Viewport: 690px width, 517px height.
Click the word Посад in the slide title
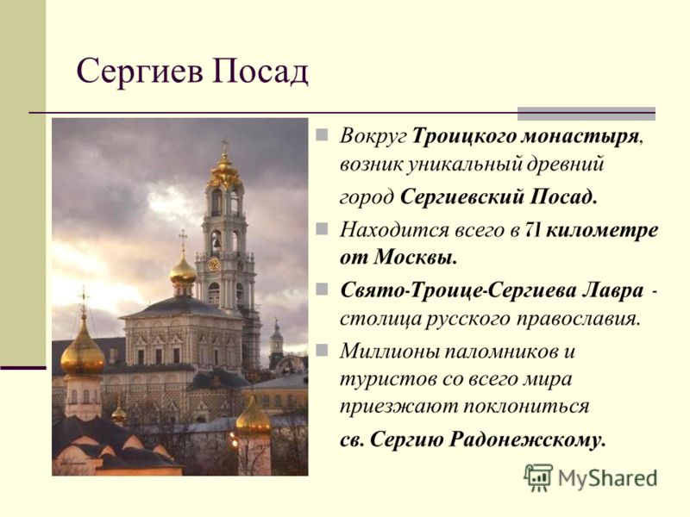[x=260, y=72]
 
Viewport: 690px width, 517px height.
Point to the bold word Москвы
[x=416, y=258]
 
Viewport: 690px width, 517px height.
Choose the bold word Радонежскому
[x=527, y=440]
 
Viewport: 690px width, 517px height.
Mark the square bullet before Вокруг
[x=322, y=134]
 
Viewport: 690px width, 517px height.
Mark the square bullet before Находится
[x=322, y=228]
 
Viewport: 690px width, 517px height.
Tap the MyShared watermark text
[x=608, y=478]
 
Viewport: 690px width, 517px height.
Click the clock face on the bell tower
[x=213, y=265]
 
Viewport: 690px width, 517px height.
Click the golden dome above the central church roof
[x=183, y=271]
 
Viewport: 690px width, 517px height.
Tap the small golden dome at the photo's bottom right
[x=253, y=419]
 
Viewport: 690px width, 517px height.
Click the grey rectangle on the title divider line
[x=586, y=114]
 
